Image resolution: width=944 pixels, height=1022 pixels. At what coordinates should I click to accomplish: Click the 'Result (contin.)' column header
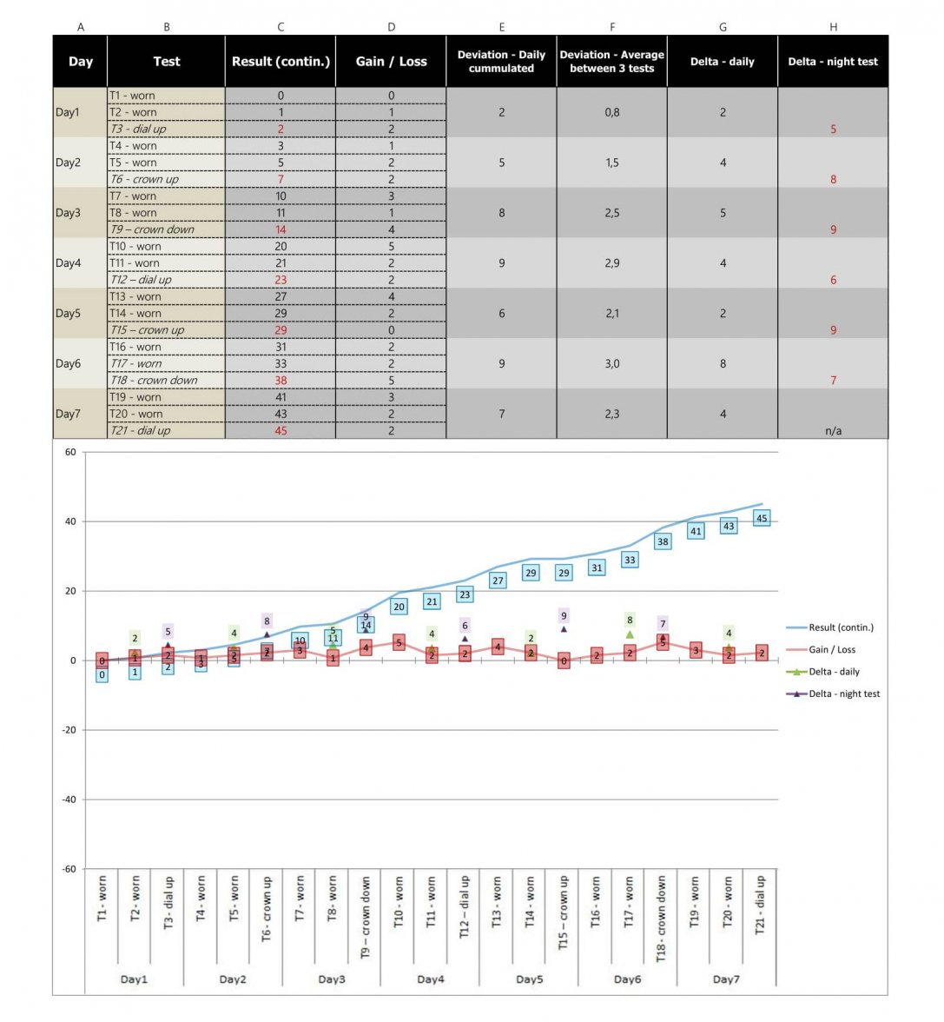281,62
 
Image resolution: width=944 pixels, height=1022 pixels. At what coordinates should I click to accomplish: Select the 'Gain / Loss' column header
391,62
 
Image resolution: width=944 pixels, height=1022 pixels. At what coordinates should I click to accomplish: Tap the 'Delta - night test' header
832,62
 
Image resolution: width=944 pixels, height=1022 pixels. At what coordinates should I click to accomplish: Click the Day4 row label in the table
68,263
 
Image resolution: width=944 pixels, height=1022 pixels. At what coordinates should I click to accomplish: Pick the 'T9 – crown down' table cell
152,229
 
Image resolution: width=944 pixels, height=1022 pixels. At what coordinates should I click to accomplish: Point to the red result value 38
281,381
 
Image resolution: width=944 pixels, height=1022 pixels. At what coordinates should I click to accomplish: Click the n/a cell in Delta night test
833,431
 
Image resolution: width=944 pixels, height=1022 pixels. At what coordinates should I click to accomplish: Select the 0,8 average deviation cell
612,112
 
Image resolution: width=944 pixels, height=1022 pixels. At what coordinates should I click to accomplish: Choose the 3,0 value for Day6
612,364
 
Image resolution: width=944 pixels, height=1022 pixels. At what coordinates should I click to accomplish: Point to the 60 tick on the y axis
69,452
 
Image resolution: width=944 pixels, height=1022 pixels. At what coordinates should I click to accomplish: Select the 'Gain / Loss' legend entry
831,649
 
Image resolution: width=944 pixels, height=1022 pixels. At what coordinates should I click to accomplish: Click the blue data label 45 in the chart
762,519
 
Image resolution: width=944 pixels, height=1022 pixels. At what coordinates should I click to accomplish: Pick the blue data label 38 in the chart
663,541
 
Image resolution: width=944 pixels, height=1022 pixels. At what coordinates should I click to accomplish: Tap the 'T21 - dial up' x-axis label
761,905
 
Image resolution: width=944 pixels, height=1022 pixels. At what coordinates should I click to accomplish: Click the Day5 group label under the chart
529,979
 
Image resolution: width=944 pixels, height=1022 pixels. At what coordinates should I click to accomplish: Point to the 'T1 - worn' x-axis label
102,899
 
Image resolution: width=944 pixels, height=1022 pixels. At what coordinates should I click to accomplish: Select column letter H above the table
833,27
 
